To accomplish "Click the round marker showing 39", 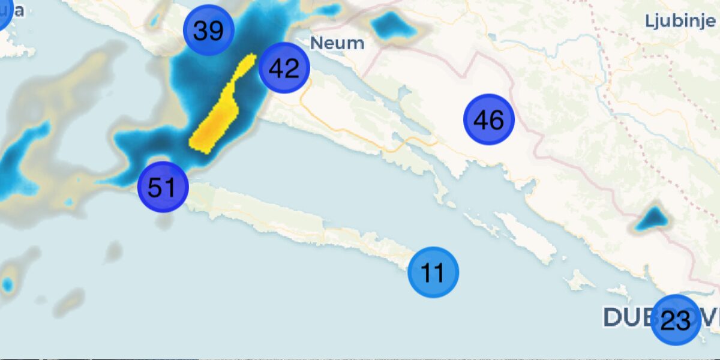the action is [x=208, y=30].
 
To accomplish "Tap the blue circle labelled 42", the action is [x=284, y=68].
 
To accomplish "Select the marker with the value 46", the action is [x=488, y=120].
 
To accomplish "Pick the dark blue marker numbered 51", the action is [x=163, y=187].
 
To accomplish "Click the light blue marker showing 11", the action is [x=433, y=272].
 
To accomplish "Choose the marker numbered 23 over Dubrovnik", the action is [x=675, y=320].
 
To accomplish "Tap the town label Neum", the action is [x=337, y=43].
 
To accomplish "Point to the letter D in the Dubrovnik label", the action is [x=612, y=317].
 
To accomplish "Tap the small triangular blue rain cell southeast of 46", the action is [x=652, y=218].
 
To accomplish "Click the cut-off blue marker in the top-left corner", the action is [x=3, y=13].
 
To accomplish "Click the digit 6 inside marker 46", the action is [x=496, y=121].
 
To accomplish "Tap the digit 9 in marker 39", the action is [x=216, y=31].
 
